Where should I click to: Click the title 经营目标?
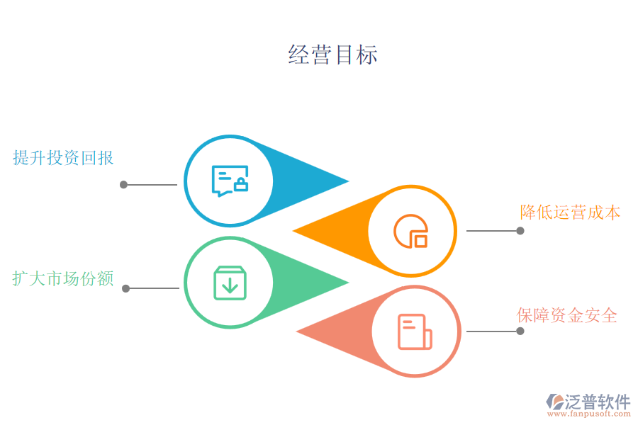pos(332,55)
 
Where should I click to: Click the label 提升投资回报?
pos(63,157)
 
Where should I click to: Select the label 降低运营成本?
pos(570,212)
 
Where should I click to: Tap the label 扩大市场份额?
pos(63,278)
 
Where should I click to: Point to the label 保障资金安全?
pos(567,315)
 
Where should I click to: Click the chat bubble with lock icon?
pos(230,181)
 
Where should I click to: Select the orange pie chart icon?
pos(411,231)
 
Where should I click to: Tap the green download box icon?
pos(230,283)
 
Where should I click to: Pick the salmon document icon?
pos(415,331)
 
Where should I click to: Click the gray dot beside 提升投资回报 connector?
pos(123,185)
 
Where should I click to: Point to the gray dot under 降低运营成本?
pos(520,231)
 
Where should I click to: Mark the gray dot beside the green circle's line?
pos(126,288)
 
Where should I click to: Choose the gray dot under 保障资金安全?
pos(520,331)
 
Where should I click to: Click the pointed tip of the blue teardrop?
pos(347,181)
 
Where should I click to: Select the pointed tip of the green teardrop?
pos(347,283)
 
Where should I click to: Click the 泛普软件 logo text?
pos(597,402)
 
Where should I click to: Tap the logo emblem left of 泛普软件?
pos(555,402)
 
